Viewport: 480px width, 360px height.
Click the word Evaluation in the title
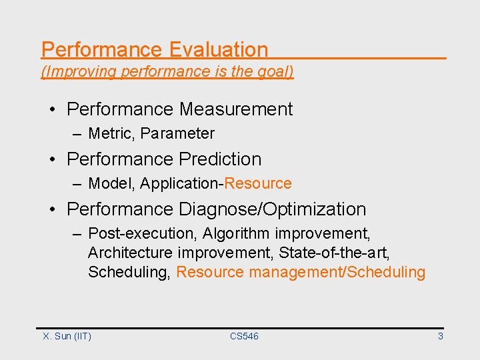[218, 50]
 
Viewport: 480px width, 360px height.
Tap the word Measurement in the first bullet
[235, 109]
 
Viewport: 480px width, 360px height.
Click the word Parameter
[177, 134]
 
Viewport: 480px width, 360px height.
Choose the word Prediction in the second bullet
[220, 159]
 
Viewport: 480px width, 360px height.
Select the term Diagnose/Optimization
[272, 209]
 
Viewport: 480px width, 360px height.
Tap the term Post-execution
[143, 234]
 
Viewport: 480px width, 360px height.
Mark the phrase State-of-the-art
[334, 253]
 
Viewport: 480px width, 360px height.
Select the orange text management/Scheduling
[337, 272]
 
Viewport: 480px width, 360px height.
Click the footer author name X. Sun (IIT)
[67, 337]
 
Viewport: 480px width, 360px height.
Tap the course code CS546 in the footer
[244, 337]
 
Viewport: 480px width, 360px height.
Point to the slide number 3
[440, 337]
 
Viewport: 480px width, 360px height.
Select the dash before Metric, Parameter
[78, 134]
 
